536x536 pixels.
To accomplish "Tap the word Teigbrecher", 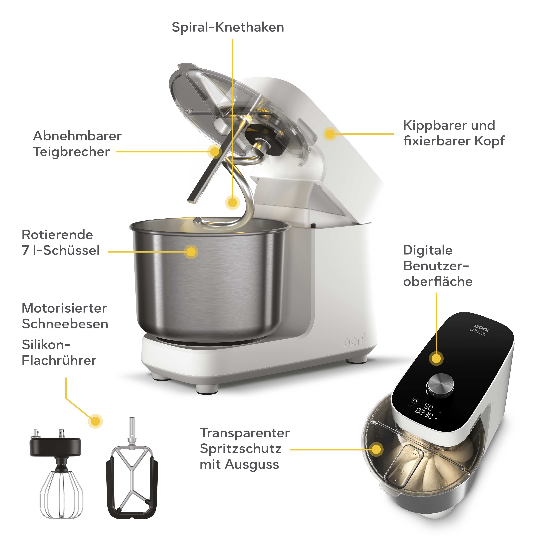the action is (x=71, y=152).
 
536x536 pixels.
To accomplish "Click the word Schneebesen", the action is (x=65, y=324).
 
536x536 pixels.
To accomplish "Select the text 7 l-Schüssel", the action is (x=60, y=250).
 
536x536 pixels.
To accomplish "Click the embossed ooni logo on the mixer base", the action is (x=355, y=341).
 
